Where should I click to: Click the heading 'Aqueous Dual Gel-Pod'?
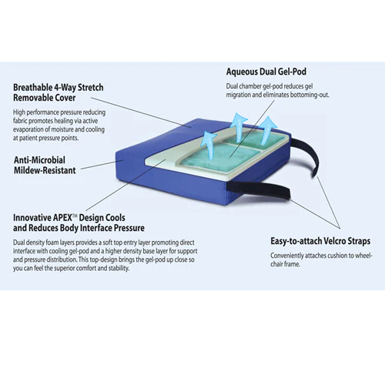click(x=266, y=72)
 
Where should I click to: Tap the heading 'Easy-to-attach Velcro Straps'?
click(x=320, y=241)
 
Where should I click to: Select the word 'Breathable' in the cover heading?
click(x=32, y=88)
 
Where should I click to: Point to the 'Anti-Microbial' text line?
click(x=39, y=160)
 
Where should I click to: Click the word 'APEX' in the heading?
click(x=62, y=218)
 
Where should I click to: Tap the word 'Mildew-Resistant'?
click(x=45, y=170)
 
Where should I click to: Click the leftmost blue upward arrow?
click(x=210, y=145)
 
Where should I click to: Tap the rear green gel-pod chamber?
click(x=254, y=142)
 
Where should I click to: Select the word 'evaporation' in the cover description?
click(x=29, y=129)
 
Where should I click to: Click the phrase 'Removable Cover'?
click(x=45, y=98)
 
